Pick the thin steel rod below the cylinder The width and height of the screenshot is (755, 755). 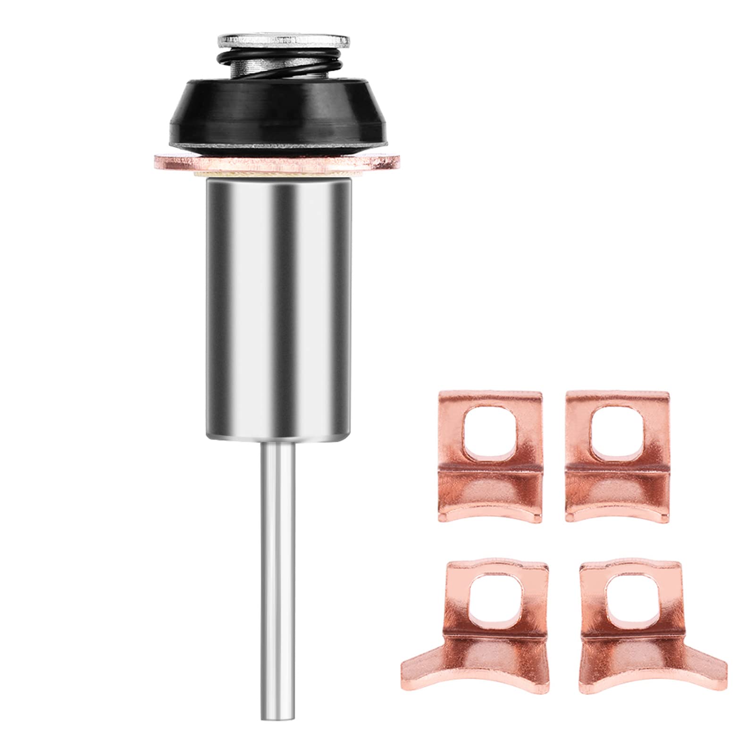point(277,543)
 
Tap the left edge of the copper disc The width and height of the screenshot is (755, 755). point(158,161)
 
